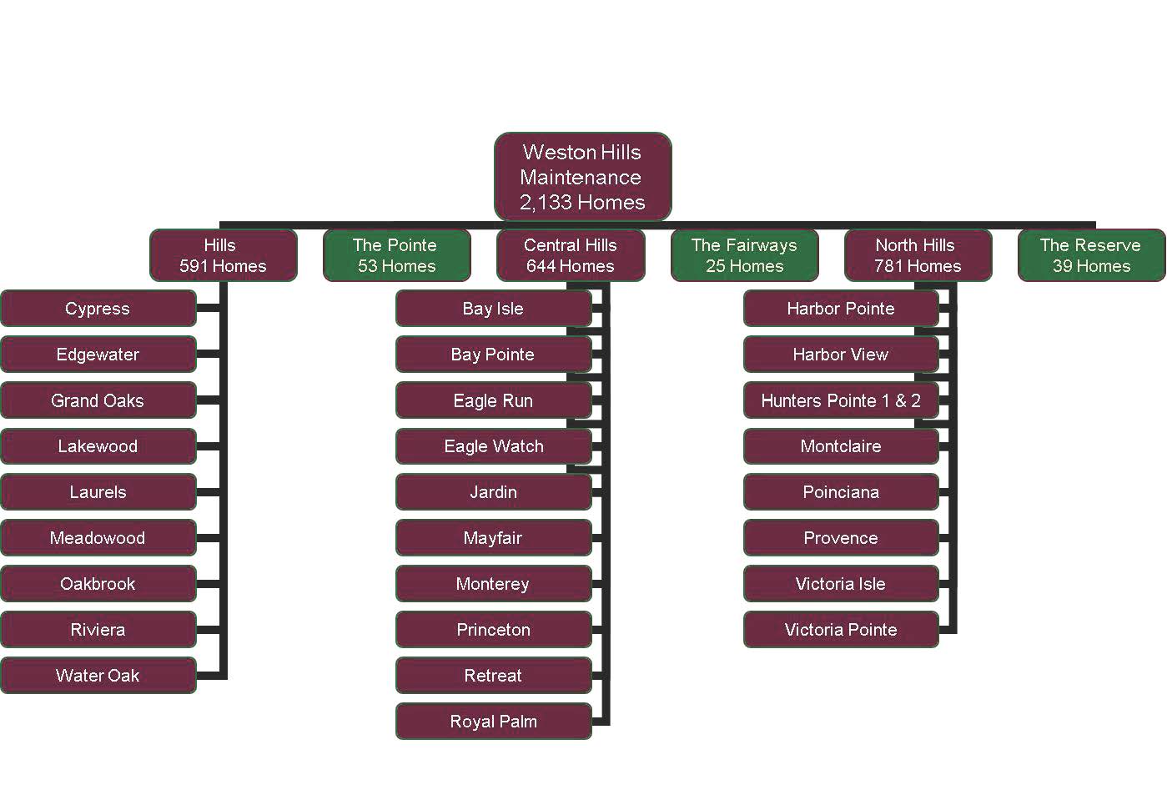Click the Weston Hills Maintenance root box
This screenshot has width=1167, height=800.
point(582,176)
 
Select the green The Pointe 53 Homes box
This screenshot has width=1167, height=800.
point(396,255)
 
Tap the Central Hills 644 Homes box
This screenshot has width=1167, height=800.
point(571,255)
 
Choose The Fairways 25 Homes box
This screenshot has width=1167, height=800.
point(744,255)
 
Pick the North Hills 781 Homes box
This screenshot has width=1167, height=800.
point(918,255)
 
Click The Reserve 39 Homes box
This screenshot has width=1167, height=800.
point(1091,255)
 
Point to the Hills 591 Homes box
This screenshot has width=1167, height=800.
point(223,255)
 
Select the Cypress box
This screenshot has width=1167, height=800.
point(98,309)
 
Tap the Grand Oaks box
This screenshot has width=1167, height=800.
point(98,400)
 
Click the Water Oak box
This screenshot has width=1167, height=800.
point(98,676)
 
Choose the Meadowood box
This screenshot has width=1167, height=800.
point(98,538)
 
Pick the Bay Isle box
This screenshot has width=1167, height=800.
point(493,309)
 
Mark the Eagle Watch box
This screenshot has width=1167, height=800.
point(493,446)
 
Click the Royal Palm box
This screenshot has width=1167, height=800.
point(493,722)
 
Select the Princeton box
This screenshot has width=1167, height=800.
point(493,630)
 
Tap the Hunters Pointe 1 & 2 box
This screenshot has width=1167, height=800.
point(841,400)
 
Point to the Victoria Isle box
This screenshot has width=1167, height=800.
point(841,584)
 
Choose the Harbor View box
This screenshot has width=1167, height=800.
point(841,355)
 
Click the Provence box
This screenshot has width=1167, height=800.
point(841,538)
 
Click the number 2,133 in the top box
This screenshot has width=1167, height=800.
point(545,203)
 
